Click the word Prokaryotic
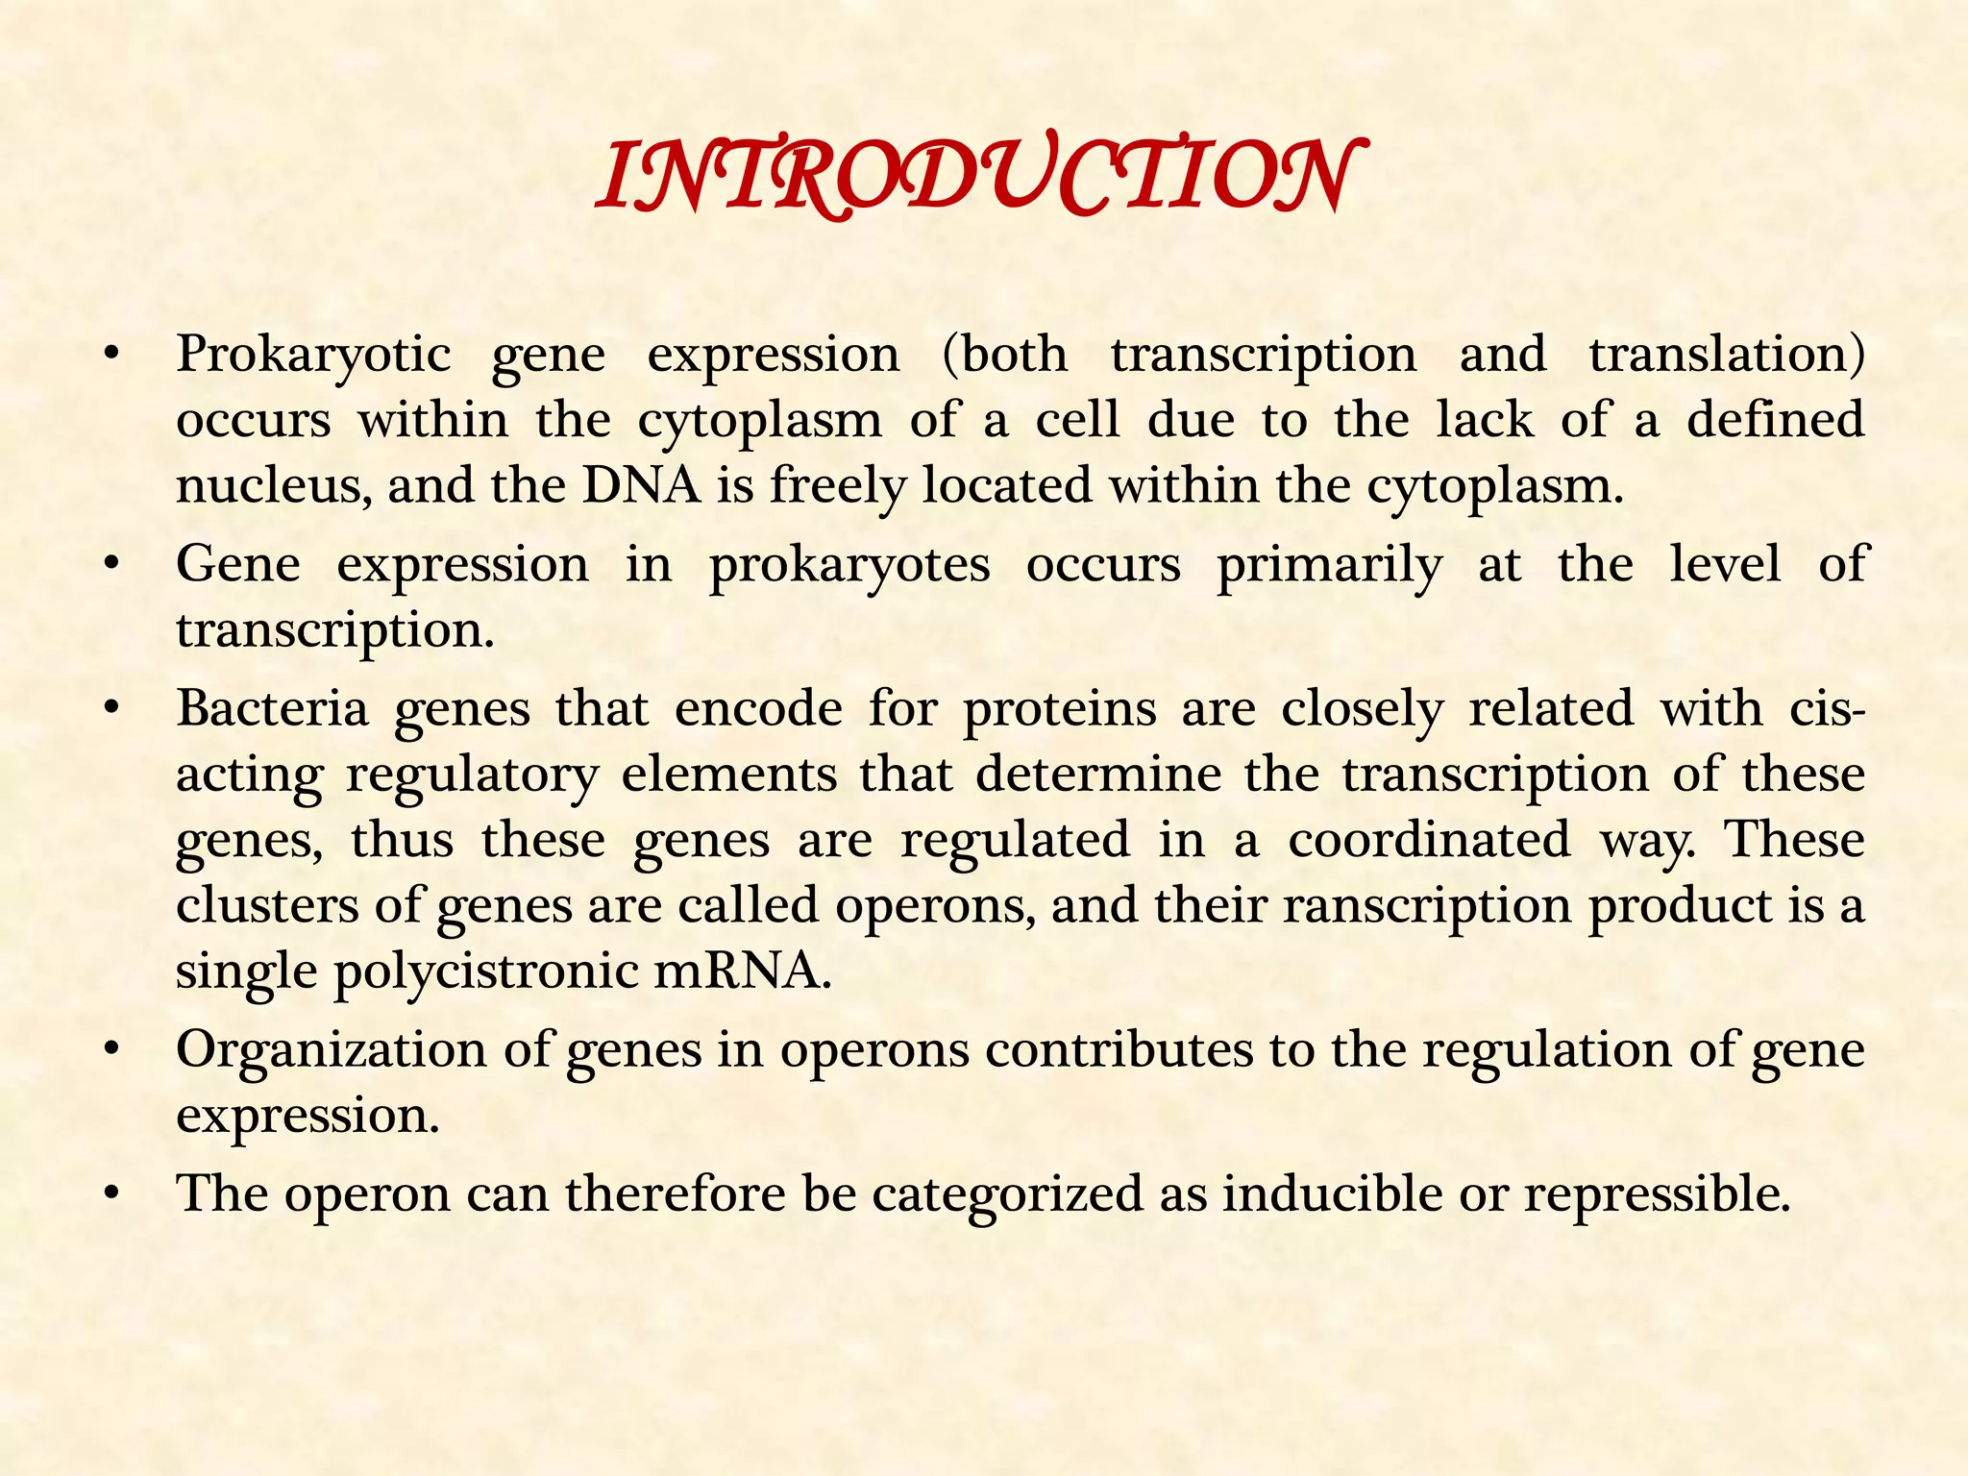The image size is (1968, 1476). pos(313,356)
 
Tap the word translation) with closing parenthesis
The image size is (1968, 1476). pos(1727,354)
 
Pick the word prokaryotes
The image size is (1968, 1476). pos(849,565)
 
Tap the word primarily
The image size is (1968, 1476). pos(1329,565)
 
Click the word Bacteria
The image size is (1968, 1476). pos(273,709)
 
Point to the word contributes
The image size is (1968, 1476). pos(1119,1049)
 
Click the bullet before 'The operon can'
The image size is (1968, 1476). pos(112,1194)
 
